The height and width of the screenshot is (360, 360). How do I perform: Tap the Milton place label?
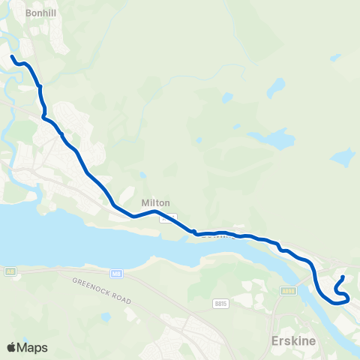tap(156, 203)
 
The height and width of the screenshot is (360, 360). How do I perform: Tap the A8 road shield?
tap(10, 271)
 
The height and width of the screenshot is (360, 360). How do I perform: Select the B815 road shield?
tap(220, 283)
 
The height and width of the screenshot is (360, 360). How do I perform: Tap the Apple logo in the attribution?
tap(12, 347)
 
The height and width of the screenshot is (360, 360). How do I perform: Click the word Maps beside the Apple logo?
tap(33, 347)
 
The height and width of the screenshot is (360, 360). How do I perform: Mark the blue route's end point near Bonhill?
tap(13, 56)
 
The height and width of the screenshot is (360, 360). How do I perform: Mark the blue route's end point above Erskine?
tap(343, 277)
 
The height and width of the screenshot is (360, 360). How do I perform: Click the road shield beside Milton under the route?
tap(172, 217)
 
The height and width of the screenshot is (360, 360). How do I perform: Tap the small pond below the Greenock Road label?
tap(106, 316)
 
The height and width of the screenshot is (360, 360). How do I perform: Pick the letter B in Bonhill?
tap(26, 13)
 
